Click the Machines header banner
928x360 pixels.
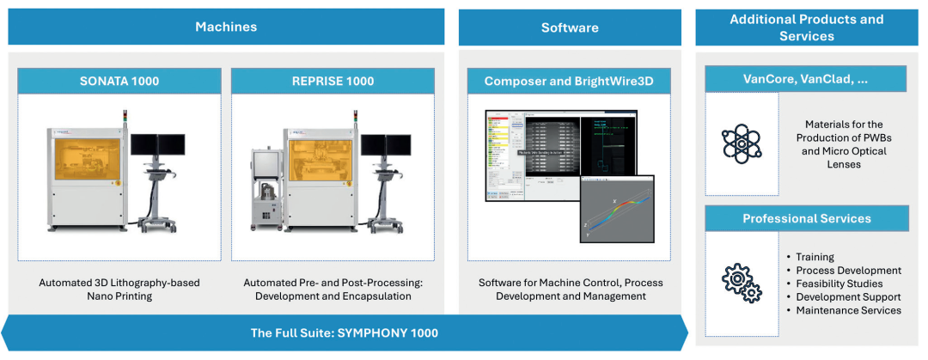[226, 27]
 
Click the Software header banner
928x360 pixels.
[570, 27]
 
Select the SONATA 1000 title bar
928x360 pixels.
[119, 82]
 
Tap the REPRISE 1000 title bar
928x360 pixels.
[335, 82]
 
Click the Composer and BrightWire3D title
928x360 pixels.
[569, 82]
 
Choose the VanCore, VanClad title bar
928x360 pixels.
[806, 79]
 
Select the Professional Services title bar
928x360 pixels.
[806, 218]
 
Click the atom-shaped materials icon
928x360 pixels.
[742, 143]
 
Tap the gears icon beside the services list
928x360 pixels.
[742, 283]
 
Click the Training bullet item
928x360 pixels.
[815, 257]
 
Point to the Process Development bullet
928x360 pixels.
[847, 271]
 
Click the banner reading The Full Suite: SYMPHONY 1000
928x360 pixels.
[344, 333]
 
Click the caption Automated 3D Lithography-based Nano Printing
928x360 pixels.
[119, 289]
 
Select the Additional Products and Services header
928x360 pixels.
[806, 27]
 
